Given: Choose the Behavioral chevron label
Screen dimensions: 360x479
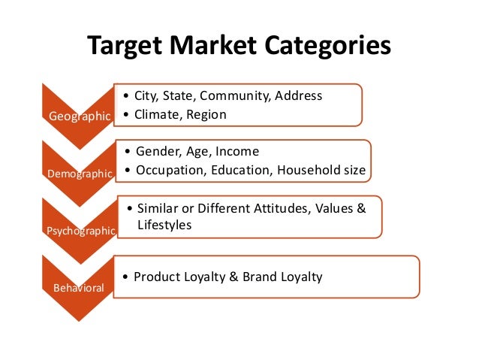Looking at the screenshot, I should [x=79, y=287].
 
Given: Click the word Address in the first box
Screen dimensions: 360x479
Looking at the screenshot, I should [x=298, y=95].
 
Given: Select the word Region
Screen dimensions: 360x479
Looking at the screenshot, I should [x=206, y=114].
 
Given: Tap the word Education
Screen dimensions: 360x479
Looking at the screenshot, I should [x=242, y=170].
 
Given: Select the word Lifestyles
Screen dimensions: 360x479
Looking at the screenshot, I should [x=163, y=225].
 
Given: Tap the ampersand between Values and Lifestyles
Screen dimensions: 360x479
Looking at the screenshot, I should [x=360, y=207].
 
